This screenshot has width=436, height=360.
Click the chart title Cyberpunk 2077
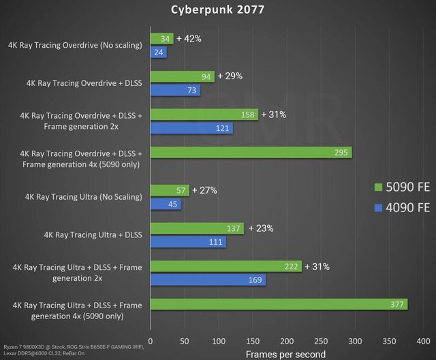point(217,10)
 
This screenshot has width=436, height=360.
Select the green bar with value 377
point(279,305)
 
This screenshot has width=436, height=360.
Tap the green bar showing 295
point(251,152)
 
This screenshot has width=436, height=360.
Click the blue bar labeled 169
point(208,280)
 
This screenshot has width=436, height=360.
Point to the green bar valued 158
point(204,115)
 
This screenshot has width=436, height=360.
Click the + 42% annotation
point(189,39)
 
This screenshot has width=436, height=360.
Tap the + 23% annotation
point(260,228)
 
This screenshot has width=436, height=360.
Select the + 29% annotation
point(230,76)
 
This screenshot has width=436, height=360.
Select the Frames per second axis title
point(286,353)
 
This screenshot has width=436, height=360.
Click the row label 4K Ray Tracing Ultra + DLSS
point(93,235)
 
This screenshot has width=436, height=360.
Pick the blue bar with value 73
point(175,91)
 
